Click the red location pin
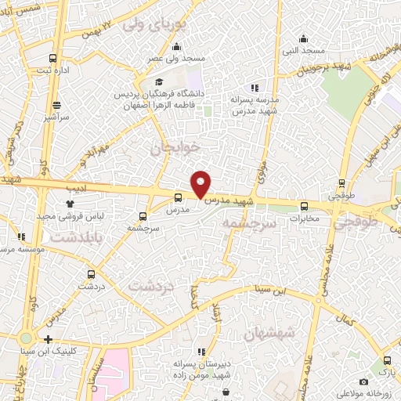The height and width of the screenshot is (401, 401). pos(201,183)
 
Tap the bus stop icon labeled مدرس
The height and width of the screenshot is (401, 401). pos(178,197)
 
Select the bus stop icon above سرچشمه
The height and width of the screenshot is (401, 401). pos(143,215)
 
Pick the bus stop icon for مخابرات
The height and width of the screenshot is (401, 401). pos(305,207)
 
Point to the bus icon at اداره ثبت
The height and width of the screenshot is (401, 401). pos(53,59)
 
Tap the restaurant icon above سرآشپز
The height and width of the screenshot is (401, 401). pos(56,104)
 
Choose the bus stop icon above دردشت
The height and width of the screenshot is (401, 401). pos(92,274)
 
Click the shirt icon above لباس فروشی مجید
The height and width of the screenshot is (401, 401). pos(81,203)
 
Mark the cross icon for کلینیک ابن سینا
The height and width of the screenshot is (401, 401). pos(49,339)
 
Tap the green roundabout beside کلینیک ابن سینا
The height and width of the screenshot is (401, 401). pos(25,339)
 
